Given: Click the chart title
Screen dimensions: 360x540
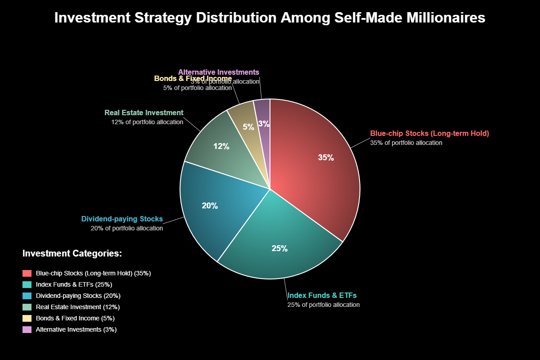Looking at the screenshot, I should point(270,18).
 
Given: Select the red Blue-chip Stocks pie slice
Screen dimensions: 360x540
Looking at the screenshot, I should point(315,171).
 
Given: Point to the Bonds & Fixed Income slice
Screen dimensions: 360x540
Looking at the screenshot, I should point(245,119).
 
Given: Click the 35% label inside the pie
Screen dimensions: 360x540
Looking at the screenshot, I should point(326,158).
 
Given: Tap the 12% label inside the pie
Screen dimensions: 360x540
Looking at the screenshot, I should point(221,147).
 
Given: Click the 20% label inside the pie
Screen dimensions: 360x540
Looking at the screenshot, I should point(210,206).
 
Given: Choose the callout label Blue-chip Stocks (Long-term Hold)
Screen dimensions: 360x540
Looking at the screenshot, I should point(429,134).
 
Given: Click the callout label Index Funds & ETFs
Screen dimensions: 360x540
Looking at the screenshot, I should point(322,296).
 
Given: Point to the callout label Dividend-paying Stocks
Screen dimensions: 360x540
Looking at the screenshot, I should point(122,219).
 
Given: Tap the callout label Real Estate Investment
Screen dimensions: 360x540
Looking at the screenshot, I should point(144,113).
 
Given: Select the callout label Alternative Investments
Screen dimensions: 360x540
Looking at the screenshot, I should point(219,72).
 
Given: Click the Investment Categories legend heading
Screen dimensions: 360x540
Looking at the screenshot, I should point(72,254).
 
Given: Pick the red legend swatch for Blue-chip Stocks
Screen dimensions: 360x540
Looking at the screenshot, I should point(27,273).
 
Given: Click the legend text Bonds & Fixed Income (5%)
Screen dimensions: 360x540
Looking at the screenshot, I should point(75,318).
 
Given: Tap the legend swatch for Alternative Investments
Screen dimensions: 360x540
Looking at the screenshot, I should point(27,329).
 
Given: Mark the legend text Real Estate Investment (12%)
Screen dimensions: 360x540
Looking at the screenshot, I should point(78,307).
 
